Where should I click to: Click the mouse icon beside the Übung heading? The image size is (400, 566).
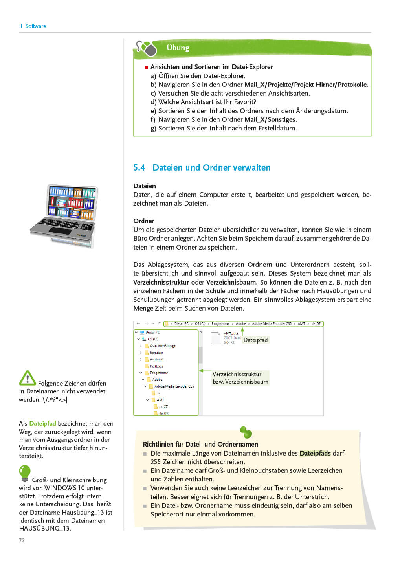(x=146, y=49)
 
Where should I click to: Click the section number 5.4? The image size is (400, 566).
(x=139, y=168)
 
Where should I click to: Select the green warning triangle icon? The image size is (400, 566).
(x=28, y=378)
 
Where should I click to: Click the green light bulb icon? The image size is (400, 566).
(x=24, y=473)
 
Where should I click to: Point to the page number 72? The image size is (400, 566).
(x=22, y=540)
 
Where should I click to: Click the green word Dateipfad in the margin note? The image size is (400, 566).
(x=42, y=423)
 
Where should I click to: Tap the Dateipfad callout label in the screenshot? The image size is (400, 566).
(x=255, y=340)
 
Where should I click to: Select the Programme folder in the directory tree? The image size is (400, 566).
(x=159, y=373)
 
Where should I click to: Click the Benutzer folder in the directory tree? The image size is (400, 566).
(x=156, y=353)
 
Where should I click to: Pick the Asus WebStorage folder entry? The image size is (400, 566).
(x=163, y=346)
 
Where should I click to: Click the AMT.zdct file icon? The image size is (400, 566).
(x=216, y=338)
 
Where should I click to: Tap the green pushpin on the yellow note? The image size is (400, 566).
(x=246, y=432)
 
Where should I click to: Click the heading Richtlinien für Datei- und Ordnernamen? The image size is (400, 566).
(x=200, y=444)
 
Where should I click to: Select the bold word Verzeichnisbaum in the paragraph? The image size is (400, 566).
(x=231, y=282)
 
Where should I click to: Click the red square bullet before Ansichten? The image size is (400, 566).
(x=146, y=67)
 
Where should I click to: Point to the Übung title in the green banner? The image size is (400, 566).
(x=178, y=48)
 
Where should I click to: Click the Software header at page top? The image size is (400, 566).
(x=35, y=26)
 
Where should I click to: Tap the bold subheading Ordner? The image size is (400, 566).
(x=144, y=221)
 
